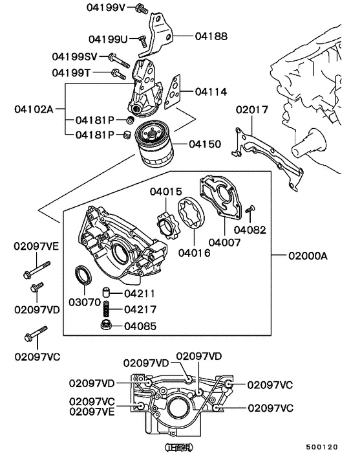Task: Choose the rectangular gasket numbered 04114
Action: (171, 93)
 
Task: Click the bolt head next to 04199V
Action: (140, 9)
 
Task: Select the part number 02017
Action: (251, 110)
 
